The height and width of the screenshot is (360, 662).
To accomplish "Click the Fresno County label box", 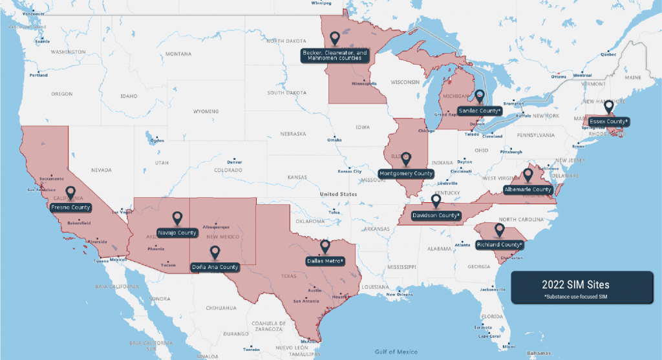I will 71,207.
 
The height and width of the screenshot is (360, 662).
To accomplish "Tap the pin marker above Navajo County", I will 176,219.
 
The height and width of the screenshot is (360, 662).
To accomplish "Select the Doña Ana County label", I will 215,267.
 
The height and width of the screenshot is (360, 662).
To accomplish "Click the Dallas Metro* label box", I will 325,261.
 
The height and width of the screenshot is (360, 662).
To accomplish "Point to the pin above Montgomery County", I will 405,158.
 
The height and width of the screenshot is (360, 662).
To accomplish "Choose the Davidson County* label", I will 436,215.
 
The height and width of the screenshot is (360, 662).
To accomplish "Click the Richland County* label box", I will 499,245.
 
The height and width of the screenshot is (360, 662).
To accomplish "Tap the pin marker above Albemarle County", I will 528,175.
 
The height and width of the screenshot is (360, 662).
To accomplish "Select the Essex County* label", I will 608,121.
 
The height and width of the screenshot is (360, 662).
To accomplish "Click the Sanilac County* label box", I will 479,111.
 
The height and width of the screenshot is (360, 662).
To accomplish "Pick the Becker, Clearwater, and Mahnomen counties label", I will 335,55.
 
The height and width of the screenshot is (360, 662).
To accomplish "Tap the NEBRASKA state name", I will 293,134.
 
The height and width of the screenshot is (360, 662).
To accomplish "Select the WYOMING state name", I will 206,111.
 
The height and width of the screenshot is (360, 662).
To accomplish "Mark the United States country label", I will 338,194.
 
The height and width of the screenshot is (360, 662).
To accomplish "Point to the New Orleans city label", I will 400,295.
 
